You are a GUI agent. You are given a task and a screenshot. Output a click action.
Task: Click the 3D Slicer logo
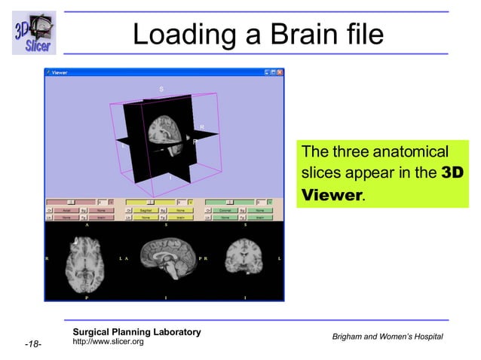pyautogui.click(x=33, y=32)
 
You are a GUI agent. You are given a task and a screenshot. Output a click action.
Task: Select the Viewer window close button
pyautogui.click(x=280, y=72)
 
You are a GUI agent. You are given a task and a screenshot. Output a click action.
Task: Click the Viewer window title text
pyautogui.click(x=60, y=72)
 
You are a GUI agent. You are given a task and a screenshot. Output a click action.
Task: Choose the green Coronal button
pyautogui.click(x=225, y=210)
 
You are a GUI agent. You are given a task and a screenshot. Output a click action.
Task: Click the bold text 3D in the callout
pyautogui.click(x=452, y=172)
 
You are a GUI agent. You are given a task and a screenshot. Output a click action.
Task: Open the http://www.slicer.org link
pyautogui.click(x=108, y=343)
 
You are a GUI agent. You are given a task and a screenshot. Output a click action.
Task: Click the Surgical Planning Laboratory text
pyautogui.click(x=136, y=332)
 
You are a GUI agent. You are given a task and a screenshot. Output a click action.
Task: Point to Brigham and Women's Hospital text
pyautogui.click(x=388, y=336)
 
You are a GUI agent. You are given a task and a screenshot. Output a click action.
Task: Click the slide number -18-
pyautogui.click(x=32, y=345)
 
